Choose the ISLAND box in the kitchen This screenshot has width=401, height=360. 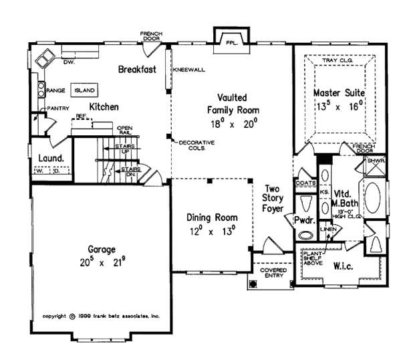coord(85,89)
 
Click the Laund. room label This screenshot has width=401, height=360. coord(50,158)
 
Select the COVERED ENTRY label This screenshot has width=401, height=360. coord(273,272)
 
